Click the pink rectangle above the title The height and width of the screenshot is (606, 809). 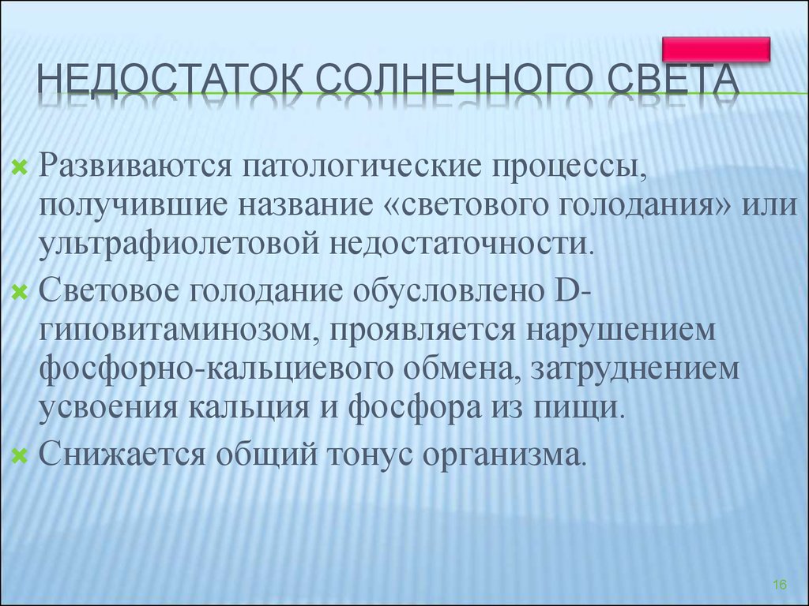tap(716, 49)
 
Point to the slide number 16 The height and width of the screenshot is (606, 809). tap(780, 585)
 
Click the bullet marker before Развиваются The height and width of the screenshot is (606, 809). tap(19, 167)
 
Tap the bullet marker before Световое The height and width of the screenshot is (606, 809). tap(19, 293)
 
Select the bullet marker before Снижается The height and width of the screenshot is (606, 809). tap(19, 456)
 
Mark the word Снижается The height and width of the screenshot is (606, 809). tap(122, 454)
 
